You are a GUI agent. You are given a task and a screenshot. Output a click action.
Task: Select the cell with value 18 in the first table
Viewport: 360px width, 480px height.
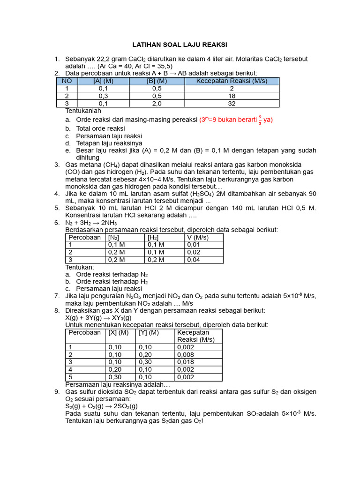232,96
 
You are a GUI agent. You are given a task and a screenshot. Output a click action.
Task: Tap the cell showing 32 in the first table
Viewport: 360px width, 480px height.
232,103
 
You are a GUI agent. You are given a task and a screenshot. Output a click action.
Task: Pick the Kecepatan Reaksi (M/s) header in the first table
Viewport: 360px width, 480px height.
232,81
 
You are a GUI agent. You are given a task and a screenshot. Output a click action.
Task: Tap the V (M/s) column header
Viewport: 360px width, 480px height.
198,237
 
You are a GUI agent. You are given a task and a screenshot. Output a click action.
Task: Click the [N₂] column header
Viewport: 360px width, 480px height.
113,237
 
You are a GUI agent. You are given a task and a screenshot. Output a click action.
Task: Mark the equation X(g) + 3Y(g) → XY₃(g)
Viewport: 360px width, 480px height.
98,317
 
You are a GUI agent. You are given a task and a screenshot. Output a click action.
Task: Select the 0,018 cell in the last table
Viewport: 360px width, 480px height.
185,362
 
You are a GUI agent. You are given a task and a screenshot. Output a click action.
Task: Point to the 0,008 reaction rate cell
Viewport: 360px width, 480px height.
185,354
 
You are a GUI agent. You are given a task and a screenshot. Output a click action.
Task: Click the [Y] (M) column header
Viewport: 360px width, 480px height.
149,332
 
